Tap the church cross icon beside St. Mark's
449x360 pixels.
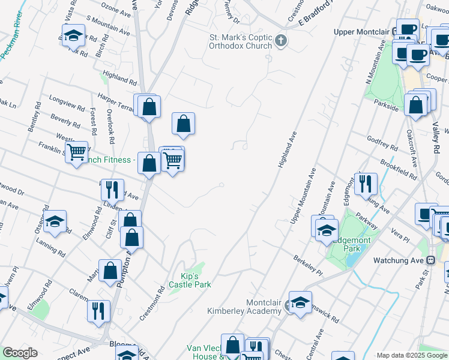click(x=281, y=41)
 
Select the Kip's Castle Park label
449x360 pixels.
click(x=190, y=280)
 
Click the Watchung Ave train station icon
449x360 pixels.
click(x=430, y=260)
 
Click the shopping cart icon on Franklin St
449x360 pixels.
click(x=76, y=153)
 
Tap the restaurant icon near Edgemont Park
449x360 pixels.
click(x=366, y=183)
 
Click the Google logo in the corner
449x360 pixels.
click(x=20, y=353)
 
